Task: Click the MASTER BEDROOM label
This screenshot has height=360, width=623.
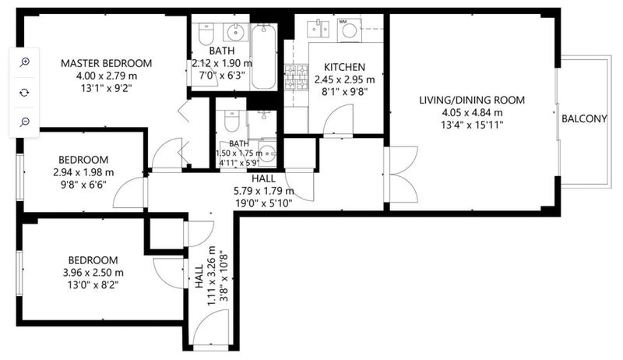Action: point(106,63)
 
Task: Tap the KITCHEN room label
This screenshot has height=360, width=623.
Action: point(344,67)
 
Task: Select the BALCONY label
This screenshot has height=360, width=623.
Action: point(584,118)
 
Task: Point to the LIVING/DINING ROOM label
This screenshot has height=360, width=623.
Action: point(472,101)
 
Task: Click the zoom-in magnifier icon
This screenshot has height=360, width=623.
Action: point(25,62)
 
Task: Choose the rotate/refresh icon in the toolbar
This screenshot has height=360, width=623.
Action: point(25,92)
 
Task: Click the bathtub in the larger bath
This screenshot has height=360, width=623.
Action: point(263,57)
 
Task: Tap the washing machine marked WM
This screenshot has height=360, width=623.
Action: point(349,30)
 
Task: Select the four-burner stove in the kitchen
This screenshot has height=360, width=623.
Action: point(297,77)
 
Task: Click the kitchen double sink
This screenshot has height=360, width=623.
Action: point(319,29)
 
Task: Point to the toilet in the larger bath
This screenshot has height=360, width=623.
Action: point(206,34)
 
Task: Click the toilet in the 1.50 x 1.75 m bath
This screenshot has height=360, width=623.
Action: point(231,121)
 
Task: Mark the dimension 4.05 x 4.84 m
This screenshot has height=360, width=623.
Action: point(472,113)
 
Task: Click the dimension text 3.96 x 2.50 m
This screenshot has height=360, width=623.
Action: point(93,273)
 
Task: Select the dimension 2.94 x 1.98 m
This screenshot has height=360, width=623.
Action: point(83,172)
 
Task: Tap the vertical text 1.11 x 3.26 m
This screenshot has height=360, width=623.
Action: point(211,276)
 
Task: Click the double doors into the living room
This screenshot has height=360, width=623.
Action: point(401,175)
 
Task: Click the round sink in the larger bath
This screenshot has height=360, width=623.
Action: point(235,31)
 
